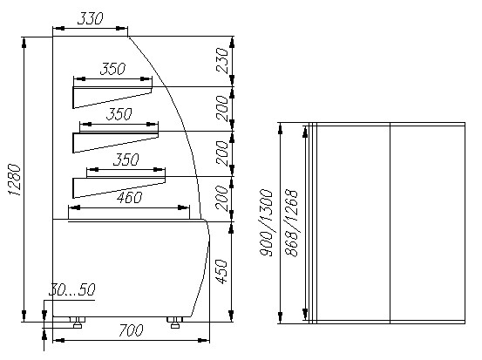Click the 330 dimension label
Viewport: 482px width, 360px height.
coord(90,18)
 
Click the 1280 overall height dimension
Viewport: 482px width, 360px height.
coord(14,180)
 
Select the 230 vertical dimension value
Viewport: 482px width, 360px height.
coord(222,60)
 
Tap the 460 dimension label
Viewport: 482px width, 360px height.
coord(129,197)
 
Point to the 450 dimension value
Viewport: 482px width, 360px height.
coord(221,271)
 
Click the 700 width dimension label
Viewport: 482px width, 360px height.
coord(131,330)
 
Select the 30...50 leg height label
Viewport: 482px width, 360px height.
coord(72,289)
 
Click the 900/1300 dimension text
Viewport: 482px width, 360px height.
coord(266,222)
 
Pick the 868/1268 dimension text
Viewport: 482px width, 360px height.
coord(291,223)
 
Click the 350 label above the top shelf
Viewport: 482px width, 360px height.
coord(112,69)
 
